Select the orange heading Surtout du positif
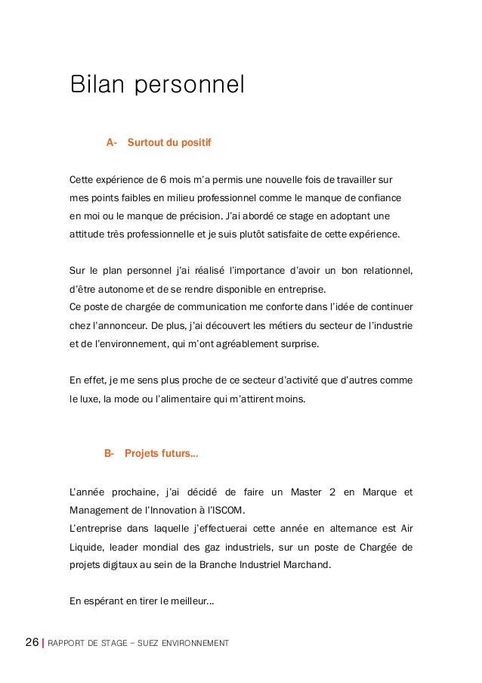pos(169,142)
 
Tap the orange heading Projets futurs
pos(161,454)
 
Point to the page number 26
pos(32,643)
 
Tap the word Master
pos(304,493)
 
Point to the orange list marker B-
pos(109,454)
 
